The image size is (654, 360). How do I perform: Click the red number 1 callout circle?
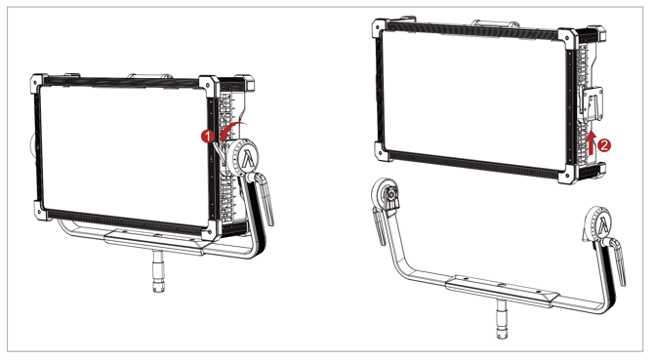point(207,137)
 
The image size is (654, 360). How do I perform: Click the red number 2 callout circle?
point(604,145)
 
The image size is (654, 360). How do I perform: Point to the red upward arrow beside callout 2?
point(590,143)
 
